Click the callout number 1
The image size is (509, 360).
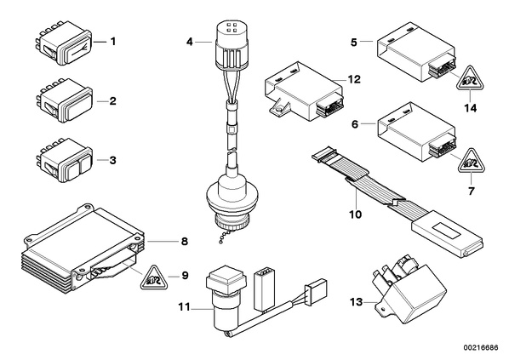113,42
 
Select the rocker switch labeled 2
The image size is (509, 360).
64,100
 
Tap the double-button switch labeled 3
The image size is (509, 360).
64,160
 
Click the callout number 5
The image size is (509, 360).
354,43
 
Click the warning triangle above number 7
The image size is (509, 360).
471,161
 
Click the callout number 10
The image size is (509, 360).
356,214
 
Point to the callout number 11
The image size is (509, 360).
184,306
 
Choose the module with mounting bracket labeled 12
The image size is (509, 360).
304,92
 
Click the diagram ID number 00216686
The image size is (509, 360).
482,348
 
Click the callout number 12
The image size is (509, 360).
354,79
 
